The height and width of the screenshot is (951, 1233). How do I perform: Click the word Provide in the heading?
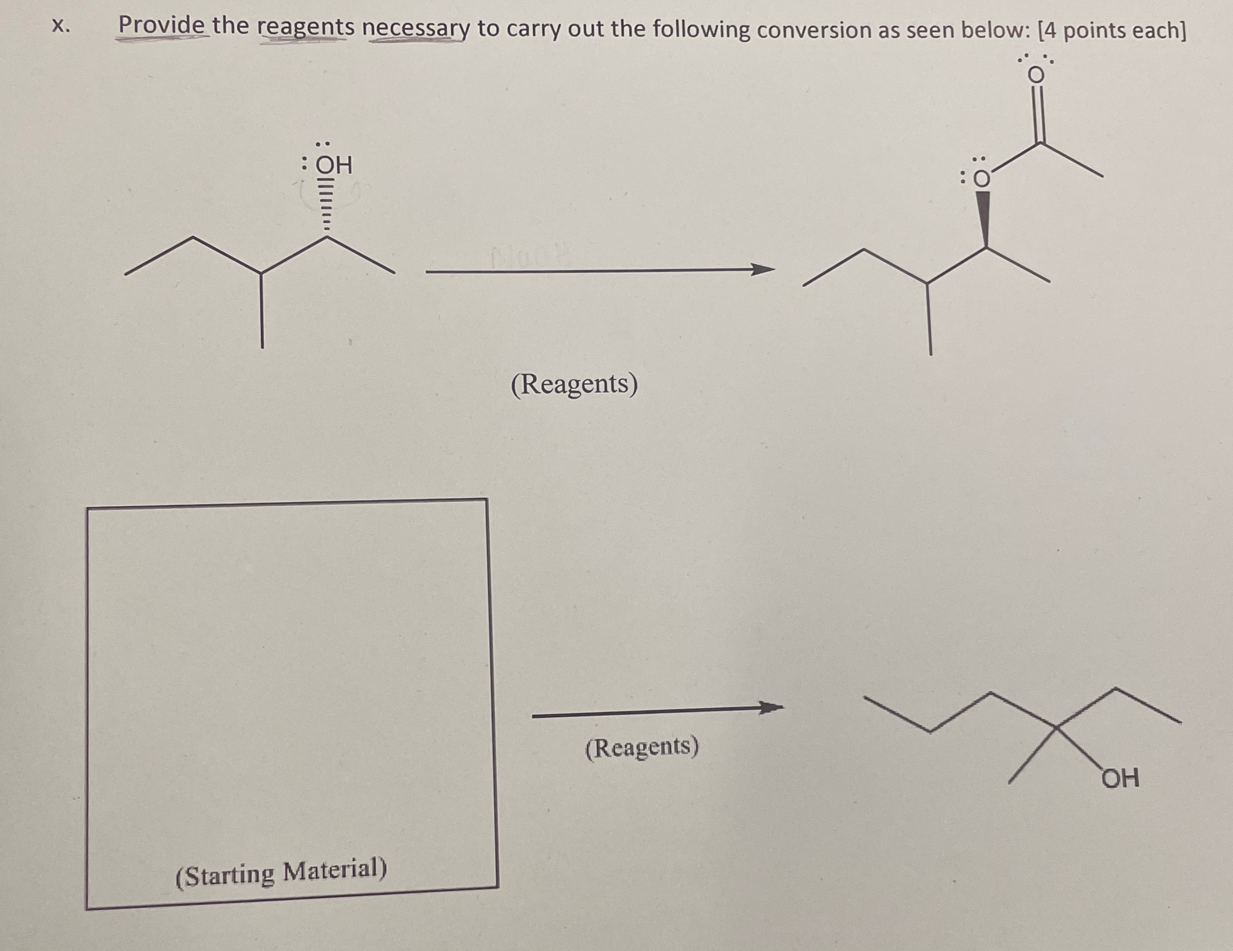161,26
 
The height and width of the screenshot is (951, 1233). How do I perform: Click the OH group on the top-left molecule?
333,165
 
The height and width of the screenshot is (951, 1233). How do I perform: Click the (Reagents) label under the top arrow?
574,385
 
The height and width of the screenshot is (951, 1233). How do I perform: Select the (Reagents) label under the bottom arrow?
642,748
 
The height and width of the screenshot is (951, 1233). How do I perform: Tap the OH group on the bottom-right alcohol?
1121,779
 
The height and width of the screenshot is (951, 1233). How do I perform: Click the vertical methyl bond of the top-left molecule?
261,310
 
